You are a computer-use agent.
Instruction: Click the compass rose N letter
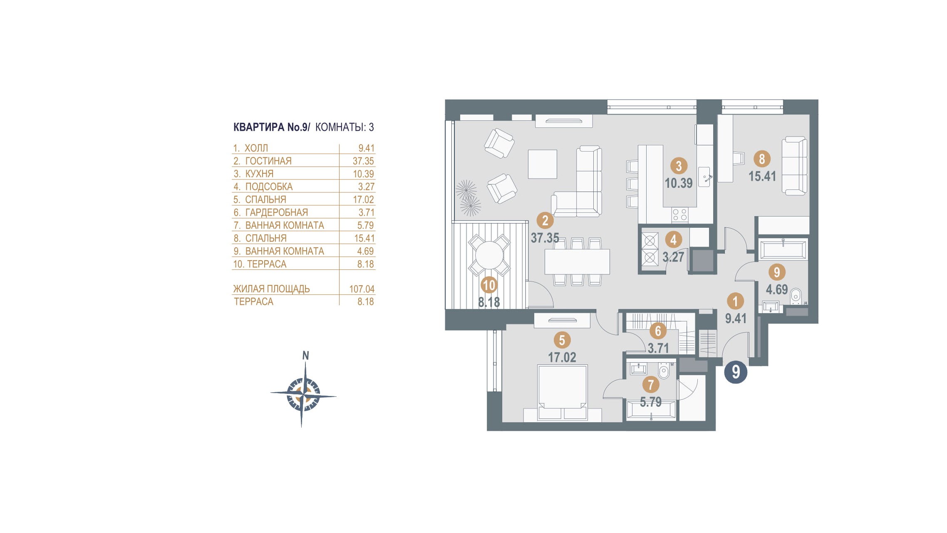click(305, 356)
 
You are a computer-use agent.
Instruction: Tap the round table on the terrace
click(489, 255)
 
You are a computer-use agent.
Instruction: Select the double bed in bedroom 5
click(562, 391)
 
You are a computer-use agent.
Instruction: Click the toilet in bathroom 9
click(796, 295)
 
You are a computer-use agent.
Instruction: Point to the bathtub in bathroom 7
click(651, 411)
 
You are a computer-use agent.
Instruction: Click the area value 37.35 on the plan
click(545, 238)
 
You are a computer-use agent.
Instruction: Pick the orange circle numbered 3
click(679, 166)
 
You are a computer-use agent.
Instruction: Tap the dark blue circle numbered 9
click(736, 372)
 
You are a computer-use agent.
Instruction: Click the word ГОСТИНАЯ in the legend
click(268, 161)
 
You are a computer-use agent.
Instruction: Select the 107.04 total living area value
click(362, 289)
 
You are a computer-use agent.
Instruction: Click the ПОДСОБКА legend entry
click(269, 187)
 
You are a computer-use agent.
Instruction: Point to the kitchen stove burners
click(679, 215)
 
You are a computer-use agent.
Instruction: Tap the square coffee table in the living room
click(542, 164)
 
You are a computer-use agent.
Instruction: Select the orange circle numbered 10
click(489, 285)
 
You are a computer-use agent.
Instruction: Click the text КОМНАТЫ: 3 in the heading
click(345, 127)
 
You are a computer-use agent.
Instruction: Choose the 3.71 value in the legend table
click(366, 213)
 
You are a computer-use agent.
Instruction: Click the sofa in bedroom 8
click(794, 166)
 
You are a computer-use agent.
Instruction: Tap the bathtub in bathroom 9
click(783, 250)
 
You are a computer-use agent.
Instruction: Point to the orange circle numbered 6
click(658, 331)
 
